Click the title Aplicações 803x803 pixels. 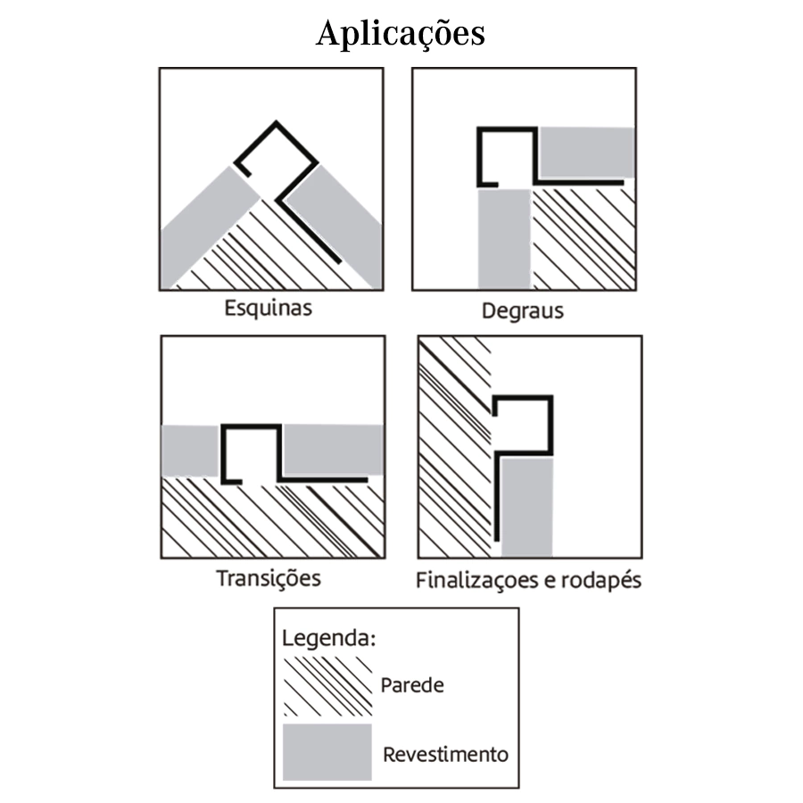pyautogui.click(x=401, y=34)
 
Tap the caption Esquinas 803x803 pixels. pyautogui.click(x=269, y=309)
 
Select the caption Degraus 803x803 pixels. pyautogui.click(x=523, y=311)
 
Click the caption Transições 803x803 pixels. pyautogui.click(x=268, y=577)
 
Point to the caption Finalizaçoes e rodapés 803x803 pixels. pyautogui.click(x=528, y=580)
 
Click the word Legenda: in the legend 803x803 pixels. pyautogui.click(x=328, y=639)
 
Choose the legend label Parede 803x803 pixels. pyautogui.click(x=411, y=685)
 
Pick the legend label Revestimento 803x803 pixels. pyautogui.click(x=445, y=754)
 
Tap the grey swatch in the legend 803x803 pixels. pyautogui.click(x=327, y=752)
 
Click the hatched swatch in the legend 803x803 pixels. pyautogui.click(x=327, y=684)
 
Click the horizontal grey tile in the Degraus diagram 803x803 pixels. pyautogui.click(x=587, y=153)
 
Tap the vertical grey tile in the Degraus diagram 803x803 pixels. pyautogui.click(x=504, y=237)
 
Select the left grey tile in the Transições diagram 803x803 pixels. pyautogui.click(x=190, y=451)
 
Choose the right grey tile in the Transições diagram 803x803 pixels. pyautogui.click(x=331, y=450)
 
